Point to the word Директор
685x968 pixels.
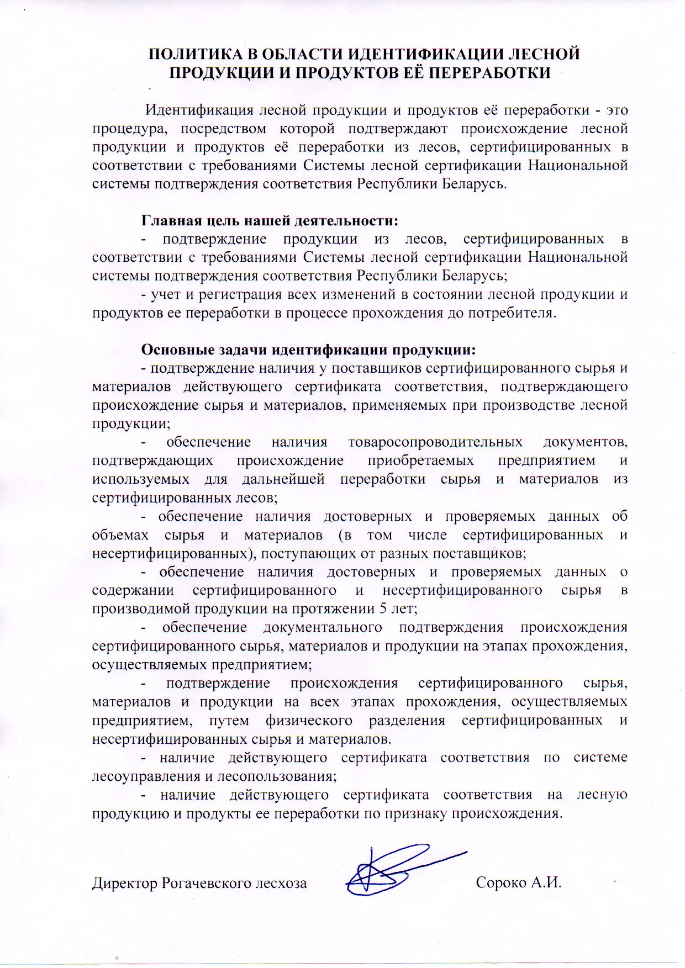[125, 883]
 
